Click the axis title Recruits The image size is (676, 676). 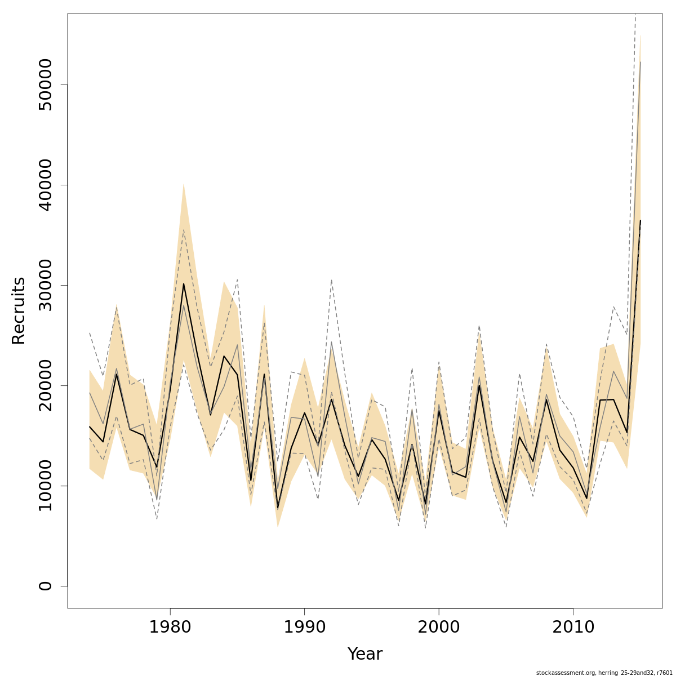tap(19, 310)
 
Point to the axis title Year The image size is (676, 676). tap(364, 654)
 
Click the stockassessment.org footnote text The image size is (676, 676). tap(604, 673)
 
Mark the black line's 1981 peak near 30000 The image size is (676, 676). tap(184, 284)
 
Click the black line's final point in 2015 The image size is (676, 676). tap(640, 221)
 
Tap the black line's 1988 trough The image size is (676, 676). tap(278, 508)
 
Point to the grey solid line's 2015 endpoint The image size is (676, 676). tap(640, 62)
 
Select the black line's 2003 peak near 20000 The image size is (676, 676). tap(479, 385)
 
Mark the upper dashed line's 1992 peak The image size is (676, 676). tap(331, 279)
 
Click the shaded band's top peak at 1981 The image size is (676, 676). tap(184, 183)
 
